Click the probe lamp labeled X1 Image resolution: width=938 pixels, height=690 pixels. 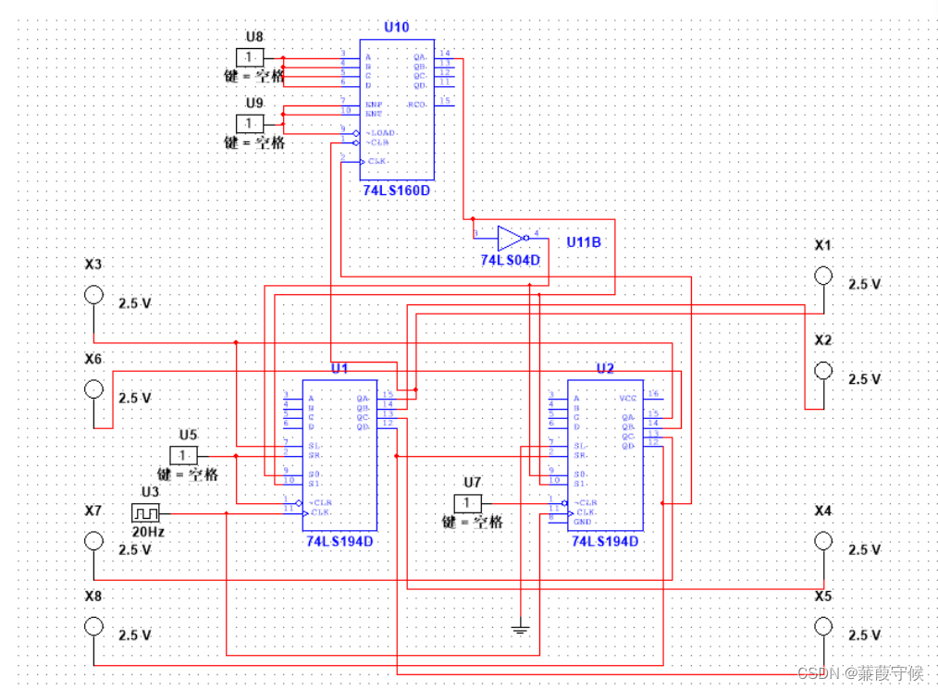click(822, 276)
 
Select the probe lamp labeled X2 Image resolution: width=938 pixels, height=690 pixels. click(822, 370)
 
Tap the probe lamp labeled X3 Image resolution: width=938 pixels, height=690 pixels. click(93, 295)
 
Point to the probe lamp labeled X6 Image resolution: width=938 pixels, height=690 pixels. click(93, 389)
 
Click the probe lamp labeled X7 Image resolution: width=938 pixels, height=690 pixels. click(93, 541)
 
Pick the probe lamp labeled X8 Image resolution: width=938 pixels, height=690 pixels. click(93, 626)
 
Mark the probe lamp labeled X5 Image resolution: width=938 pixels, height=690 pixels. click(822, 626)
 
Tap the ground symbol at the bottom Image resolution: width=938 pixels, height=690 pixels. click(521, 630)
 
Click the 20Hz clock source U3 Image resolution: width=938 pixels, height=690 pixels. click(146, 512)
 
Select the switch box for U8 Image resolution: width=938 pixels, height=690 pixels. click(250, 57)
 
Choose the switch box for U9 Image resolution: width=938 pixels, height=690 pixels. click(250, 123)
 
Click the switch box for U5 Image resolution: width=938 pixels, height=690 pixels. click(183, 455)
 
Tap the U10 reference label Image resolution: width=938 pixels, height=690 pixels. click(396, 27)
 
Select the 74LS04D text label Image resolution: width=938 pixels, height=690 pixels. click(509, 261)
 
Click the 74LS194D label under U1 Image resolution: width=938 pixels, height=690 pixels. click(339, 541)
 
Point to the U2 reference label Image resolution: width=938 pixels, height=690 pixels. click(605, 368)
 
